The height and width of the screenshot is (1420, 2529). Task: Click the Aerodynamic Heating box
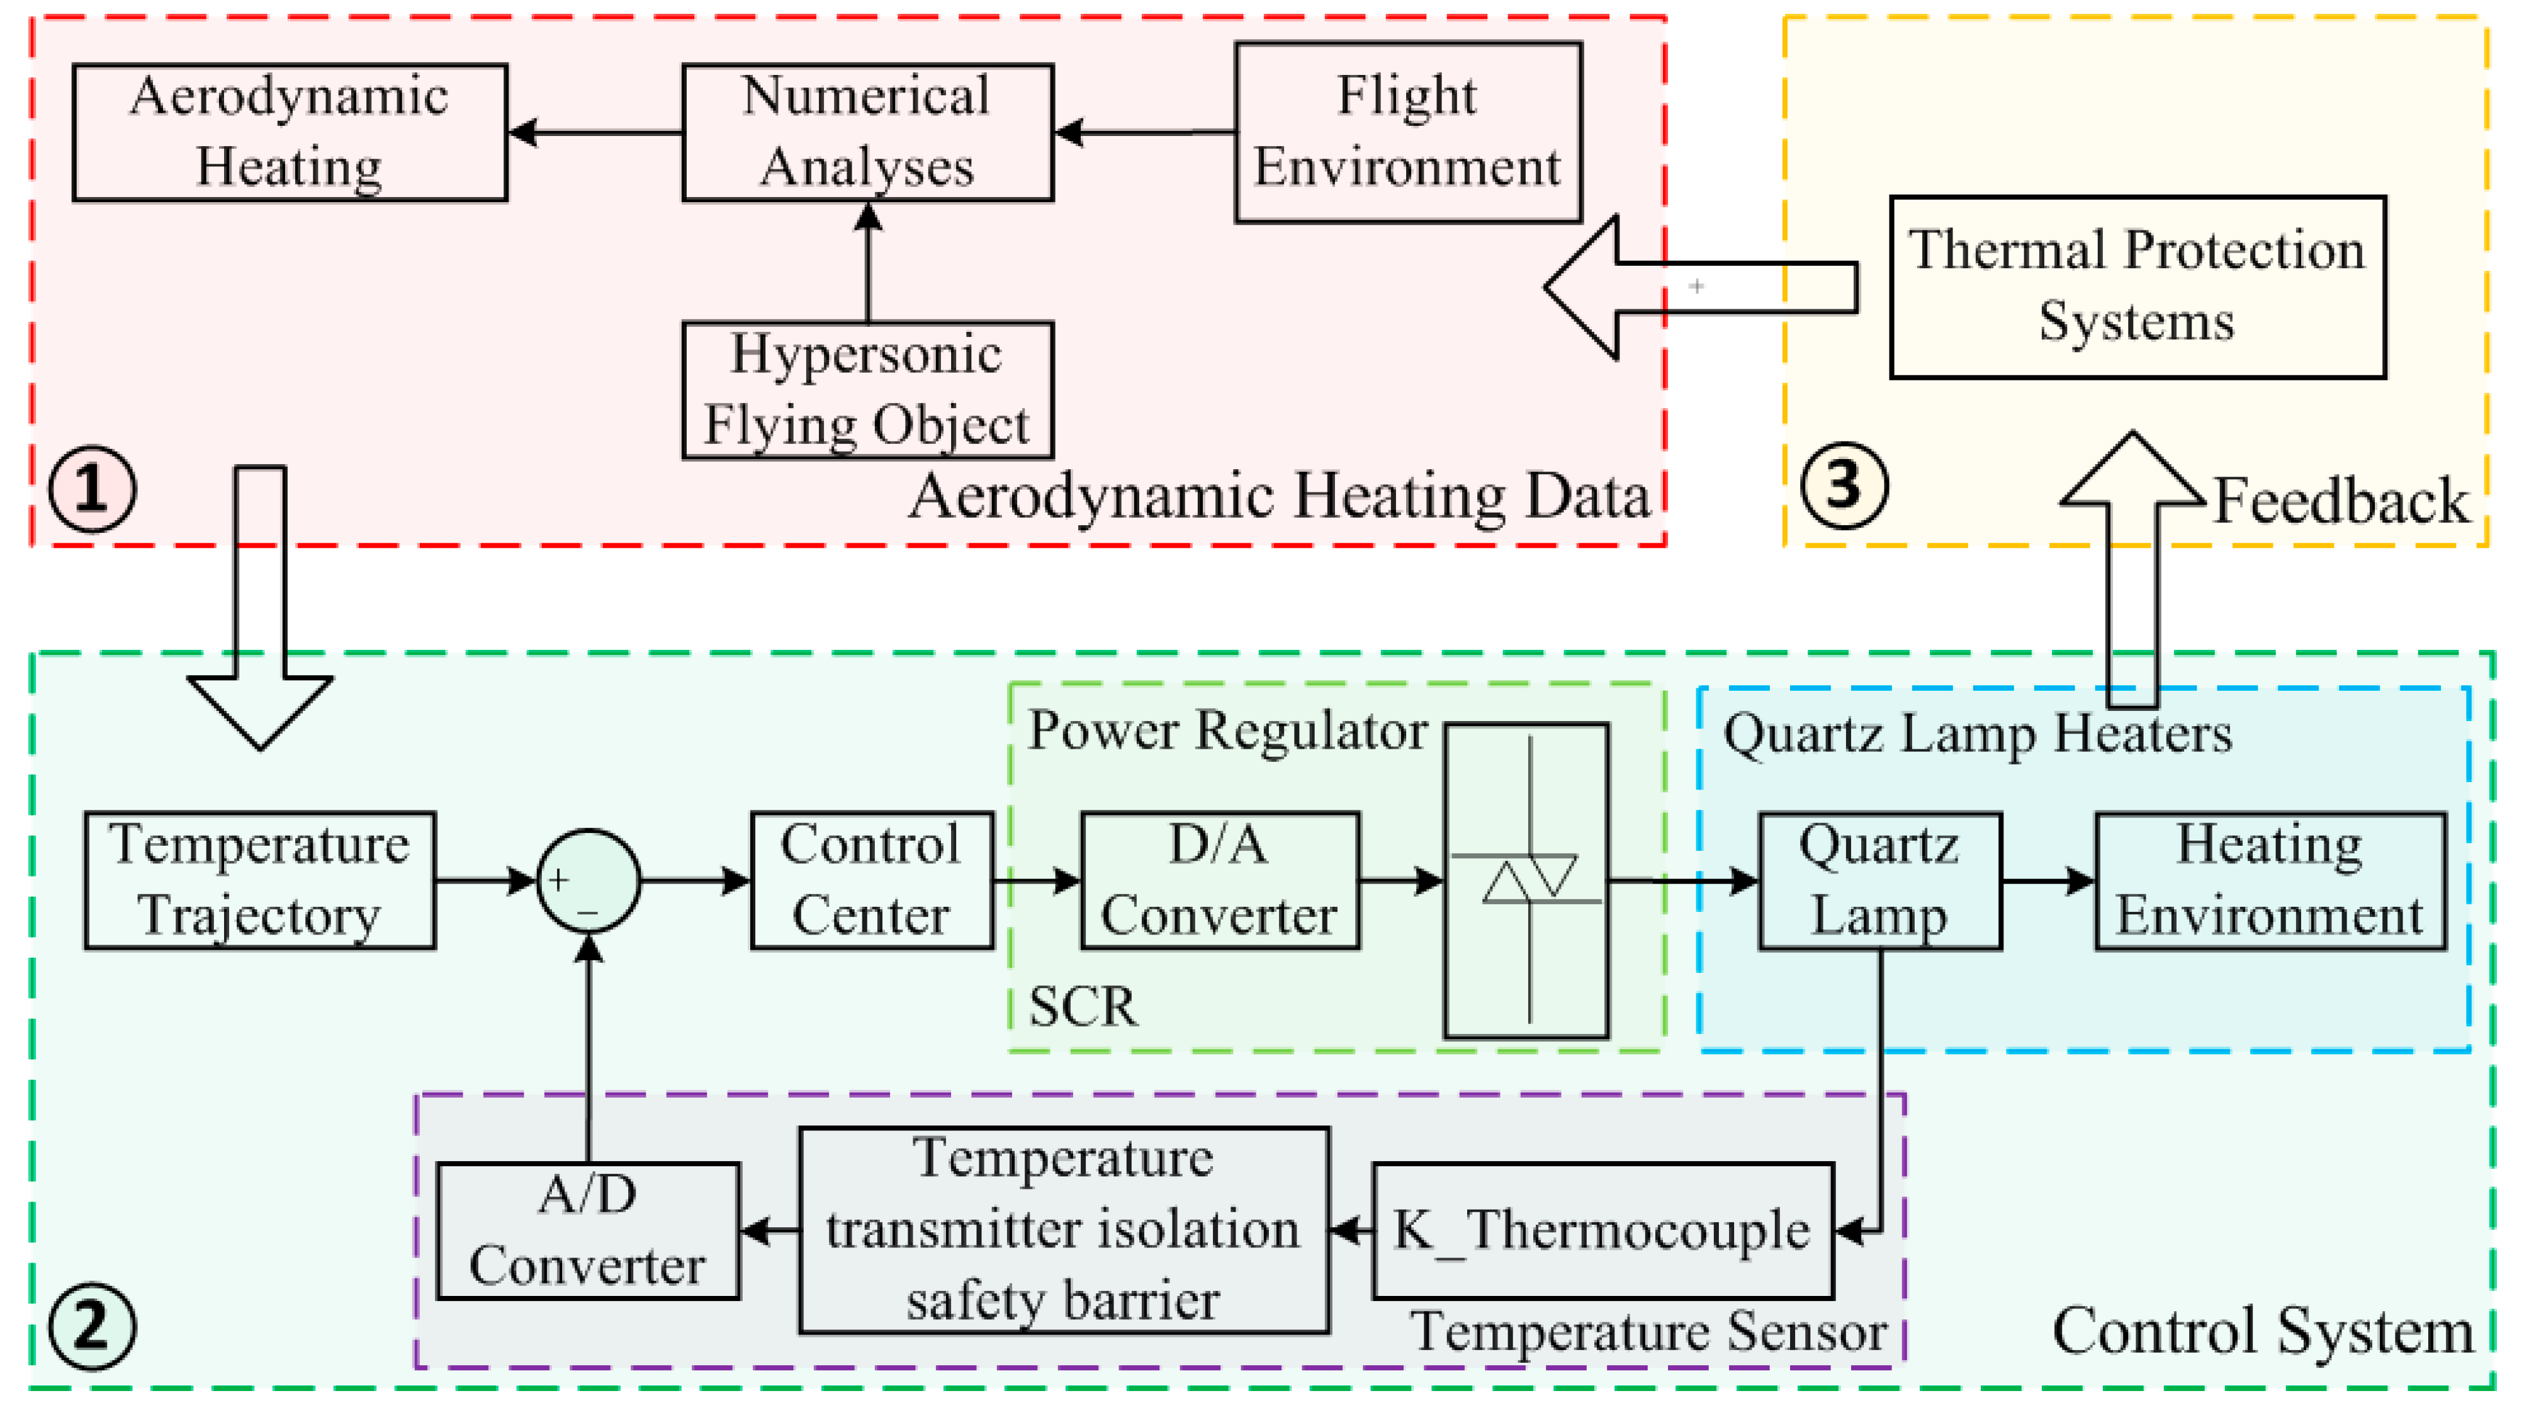pos(290,133)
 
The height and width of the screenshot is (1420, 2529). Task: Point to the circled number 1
pos(93,488)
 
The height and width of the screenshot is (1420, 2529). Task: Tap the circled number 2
pos(93,1327)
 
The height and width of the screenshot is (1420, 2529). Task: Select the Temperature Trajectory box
pos(259,880)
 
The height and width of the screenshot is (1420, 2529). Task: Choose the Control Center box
pos(871,880)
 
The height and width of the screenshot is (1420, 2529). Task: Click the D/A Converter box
pos(1219,880)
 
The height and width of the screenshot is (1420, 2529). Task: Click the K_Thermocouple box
pos(1602,1230)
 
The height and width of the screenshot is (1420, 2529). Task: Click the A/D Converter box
pos(587,1230)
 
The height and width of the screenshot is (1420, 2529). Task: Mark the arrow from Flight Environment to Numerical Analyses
pos(1144,132)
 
